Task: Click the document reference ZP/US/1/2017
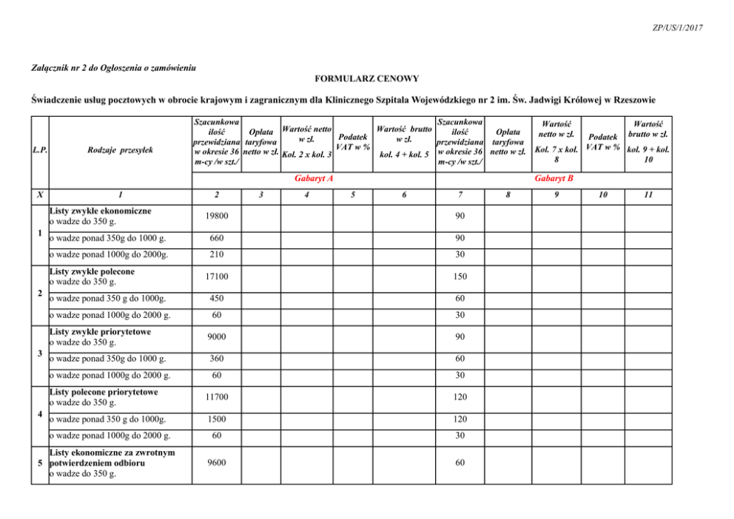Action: tap(678, 27)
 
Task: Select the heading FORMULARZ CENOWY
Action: tap(367, 78)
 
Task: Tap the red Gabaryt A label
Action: tap(313, 178)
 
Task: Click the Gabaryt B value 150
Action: tap(460, 277)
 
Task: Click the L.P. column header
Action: tap(40, 151)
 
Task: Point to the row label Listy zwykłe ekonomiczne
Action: tap(100, 210)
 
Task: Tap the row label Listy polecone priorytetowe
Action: tap(103, 392)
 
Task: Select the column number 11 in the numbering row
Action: tap(648, 195)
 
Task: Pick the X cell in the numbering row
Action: tap(39, 195)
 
